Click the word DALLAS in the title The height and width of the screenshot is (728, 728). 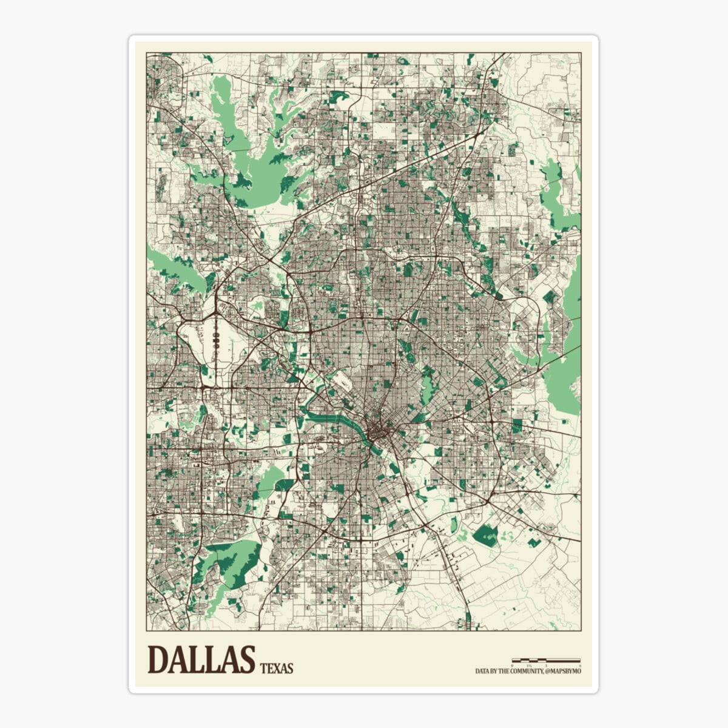pos(200,659)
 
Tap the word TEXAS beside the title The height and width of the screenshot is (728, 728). pos(277,669)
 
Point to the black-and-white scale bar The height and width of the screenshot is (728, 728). pos(546,659)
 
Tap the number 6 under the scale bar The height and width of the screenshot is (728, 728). pos(580,665)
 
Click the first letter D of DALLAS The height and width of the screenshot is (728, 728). pos(159,659)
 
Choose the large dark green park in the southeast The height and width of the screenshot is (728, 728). pos(485,535)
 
